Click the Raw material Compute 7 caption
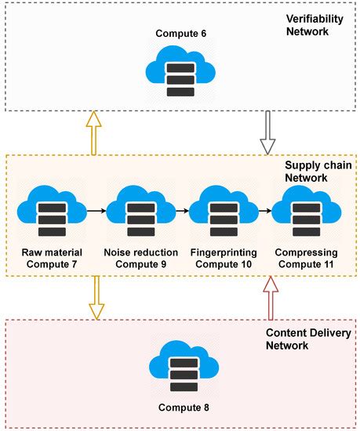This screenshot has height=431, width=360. click(53, 259)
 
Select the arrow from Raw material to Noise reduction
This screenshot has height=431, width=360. click(96, 211)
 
